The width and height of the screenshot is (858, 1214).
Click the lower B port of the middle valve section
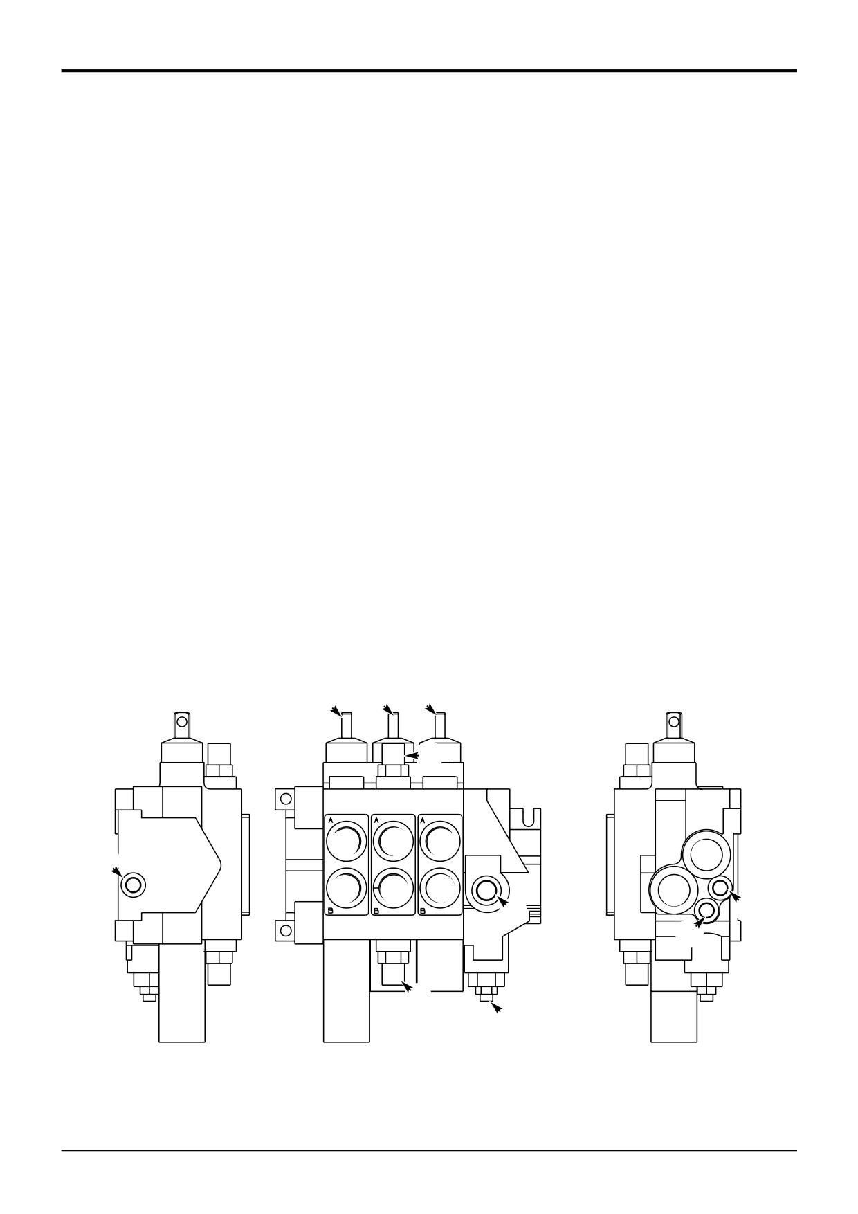[x=393, y=888]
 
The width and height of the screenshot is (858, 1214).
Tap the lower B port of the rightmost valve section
[x=440, y=888]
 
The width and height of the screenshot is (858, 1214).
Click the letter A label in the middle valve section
[x=376, y=819]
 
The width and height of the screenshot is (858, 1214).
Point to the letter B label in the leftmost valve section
[x=330, y=911]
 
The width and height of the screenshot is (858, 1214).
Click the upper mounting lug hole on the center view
[x=284, y=799]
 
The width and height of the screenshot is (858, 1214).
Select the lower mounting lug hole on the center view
[x=284, y=932]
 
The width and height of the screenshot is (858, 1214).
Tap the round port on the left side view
[x=132, y=885]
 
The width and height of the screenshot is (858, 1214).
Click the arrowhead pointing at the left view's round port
[x=116, y=871]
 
